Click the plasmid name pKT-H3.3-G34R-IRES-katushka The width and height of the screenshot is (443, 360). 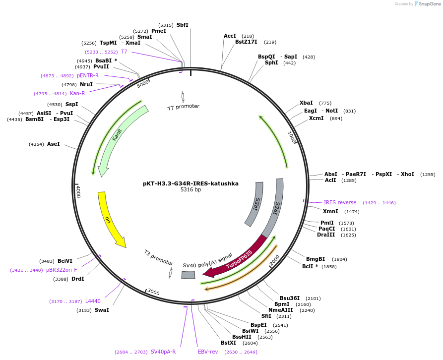coord(190,183)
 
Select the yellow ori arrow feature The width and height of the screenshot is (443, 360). coord(110,218)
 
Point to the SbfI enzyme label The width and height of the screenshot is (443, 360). coord(183,25)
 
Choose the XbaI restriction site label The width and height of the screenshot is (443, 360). coord(306,103)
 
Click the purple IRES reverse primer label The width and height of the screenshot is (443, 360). coord(340,202)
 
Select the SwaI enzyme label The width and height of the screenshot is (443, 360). coord(103,310)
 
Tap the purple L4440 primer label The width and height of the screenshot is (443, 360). coord(93,301)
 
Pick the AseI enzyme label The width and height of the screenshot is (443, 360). coord(54,144)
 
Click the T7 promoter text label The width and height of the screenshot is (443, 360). coord(183,107)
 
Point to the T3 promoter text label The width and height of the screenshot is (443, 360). coord(159,257)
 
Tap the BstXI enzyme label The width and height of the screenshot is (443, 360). coord(229,343)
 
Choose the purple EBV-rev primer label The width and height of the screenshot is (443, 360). coord(208,352)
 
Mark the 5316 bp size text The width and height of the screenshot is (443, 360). coord(190,190)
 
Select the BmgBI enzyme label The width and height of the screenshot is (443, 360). coord(316,259)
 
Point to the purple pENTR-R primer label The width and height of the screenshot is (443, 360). coord(87,76)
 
